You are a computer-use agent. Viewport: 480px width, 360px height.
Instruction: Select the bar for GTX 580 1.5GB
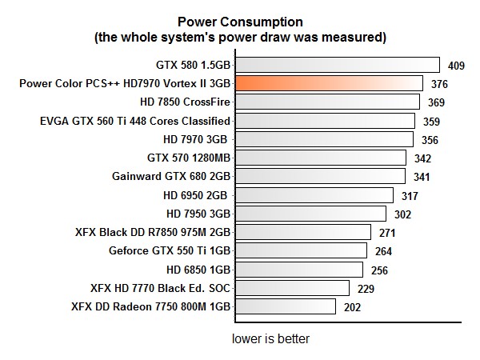338,65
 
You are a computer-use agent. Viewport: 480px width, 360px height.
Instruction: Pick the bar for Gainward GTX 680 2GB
320,176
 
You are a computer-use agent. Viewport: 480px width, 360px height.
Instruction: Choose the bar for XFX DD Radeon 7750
285,306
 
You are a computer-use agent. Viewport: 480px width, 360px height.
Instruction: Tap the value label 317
411,195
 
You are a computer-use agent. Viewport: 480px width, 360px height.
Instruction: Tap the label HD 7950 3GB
198,214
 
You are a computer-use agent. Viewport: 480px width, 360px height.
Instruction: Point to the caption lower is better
270,338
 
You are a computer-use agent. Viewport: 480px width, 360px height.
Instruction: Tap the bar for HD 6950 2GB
314,194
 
